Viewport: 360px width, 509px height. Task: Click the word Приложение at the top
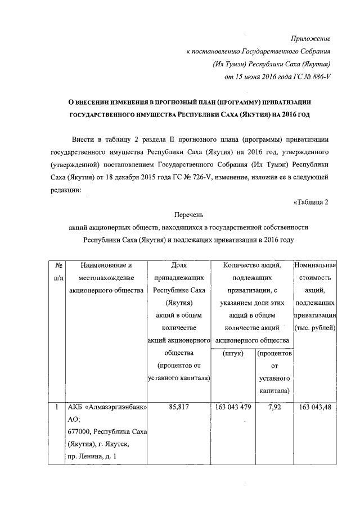click(310, 38)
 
